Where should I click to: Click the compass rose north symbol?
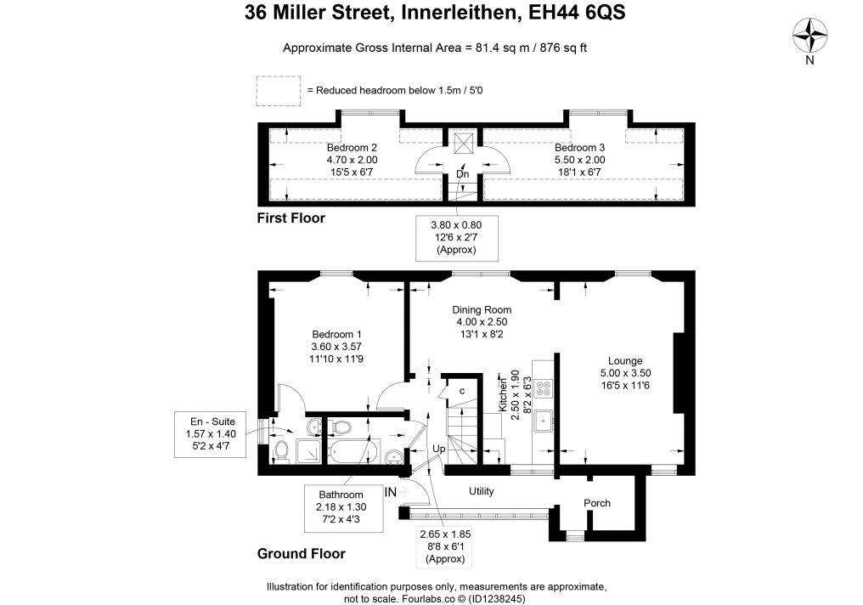click(x=810, y=37)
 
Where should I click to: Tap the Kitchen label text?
click(x=503, y=392)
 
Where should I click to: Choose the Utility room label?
click(x=482, y=491)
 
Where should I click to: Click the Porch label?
click(x=597, y=503)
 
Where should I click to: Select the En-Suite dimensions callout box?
click(x=211, y=433)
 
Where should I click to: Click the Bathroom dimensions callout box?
click(x=341, y=506)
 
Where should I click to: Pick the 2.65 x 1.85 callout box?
click(x=445, y=546)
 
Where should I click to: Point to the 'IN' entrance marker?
click(x=392, y=491)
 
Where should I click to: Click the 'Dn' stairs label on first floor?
click(x=463, y=174)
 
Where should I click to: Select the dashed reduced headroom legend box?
click(x=278, y=90)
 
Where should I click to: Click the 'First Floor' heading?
click(x=291, y=218)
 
